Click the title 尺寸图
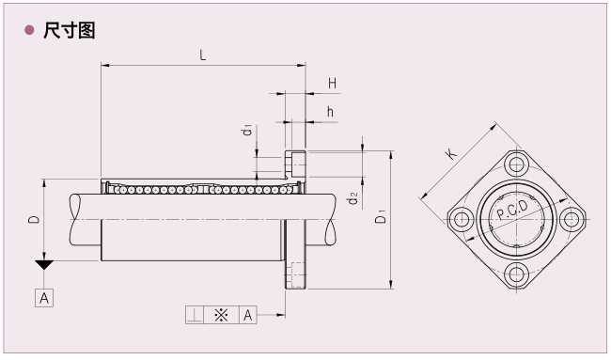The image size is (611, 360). pyautogui.click(x=69, y=30)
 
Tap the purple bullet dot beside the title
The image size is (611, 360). pyautogui.click(x=29, y=30)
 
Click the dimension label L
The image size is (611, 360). pyautogui.click(x=203, y=55)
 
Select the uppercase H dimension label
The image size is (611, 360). pyautogui.click(x=332, y=83)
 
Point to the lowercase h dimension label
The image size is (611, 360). pyautogui.click(x=331, y=112)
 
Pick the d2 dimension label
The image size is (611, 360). pyautogui.click(x=352, y=198)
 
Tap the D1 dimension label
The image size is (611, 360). pyautogui.click(x=381, y=216)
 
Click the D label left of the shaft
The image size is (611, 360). pyautogui.click(x=34, y=219)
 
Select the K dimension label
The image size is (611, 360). pyautogui.click(x=452, y=153)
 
